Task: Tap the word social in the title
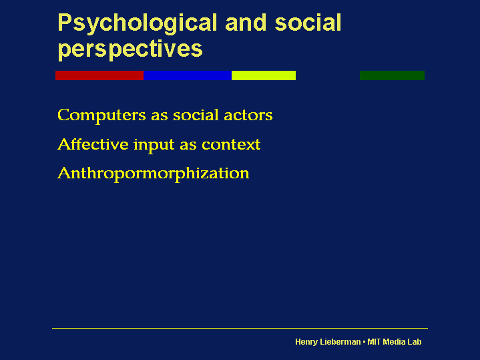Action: [308, 22]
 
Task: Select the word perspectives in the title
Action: [130, 49]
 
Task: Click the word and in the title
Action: [246, 22]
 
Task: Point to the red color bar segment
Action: [99, 75]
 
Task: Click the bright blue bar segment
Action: [188, 75]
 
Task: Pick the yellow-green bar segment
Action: [264, 75]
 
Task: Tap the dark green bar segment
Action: [392, 75]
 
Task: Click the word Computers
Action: [101, 116]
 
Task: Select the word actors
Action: [248, 115]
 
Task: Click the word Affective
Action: [93, 144]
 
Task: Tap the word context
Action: [231, 145]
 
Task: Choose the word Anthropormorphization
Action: [154, 174]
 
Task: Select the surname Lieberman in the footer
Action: [340, 341]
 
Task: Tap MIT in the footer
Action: [374, 341]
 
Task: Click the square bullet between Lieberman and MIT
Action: [364, 341]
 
